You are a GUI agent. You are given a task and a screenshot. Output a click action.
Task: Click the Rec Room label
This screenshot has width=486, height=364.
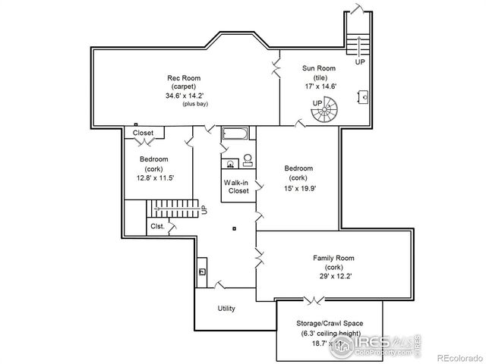coord(182,77)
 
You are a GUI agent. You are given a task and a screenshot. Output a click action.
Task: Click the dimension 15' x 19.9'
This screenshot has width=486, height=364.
coord(298,187)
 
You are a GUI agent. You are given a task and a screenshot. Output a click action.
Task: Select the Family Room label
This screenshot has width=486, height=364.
coord(334,258)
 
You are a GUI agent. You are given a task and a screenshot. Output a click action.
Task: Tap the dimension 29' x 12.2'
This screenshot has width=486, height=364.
coord(334,277)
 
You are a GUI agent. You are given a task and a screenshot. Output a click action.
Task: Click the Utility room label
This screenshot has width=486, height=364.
coord(226,309)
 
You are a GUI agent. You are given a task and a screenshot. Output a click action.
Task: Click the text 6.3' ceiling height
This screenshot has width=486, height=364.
coord(330,332)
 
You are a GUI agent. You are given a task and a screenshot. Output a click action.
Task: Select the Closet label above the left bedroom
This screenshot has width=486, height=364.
coord(143,133)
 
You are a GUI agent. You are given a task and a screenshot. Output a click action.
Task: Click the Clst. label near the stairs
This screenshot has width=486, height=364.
coord(157,225)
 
